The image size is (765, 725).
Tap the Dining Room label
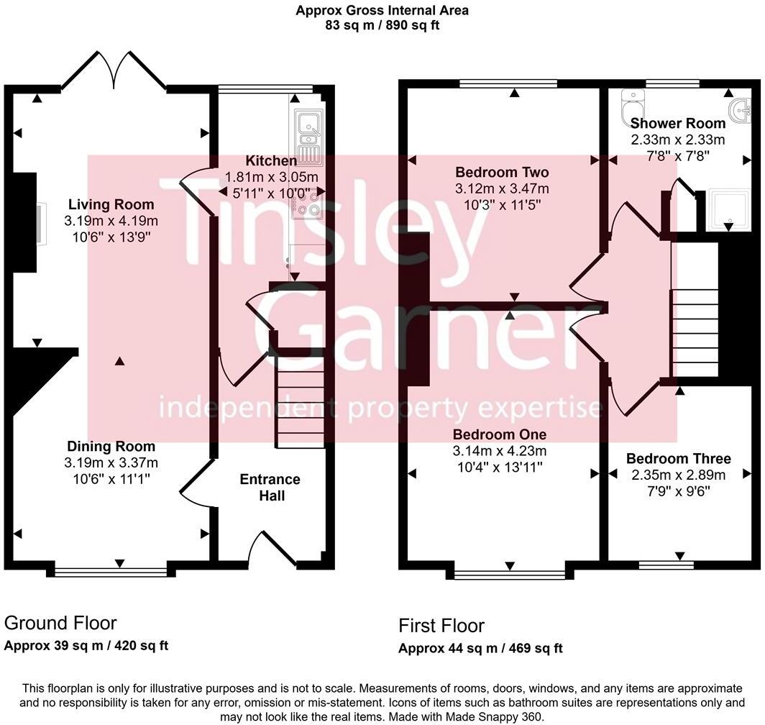point(111,446)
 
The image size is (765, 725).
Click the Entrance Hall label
point(270,487)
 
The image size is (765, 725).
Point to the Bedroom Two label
point(502,173)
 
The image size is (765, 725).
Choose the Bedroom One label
point(499,434)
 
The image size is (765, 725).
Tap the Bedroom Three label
point(678,458)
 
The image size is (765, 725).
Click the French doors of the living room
point(114,72)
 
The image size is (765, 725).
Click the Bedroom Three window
point(666,565)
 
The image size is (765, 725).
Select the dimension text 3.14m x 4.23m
point(499,451)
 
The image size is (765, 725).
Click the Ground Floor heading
point(60,623)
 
